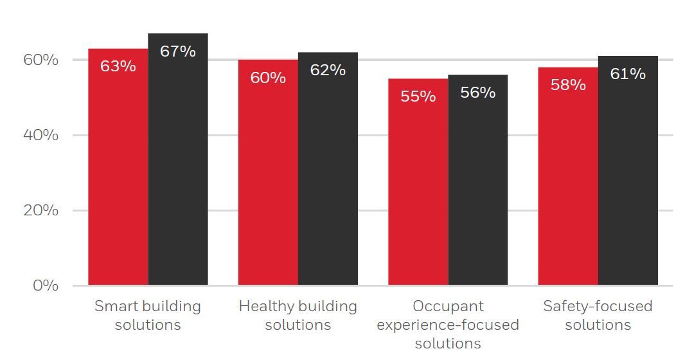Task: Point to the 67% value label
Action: point(178,51)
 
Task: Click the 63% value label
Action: point(118,66)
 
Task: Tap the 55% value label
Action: point(418,96)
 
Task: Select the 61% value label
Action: point(628,74)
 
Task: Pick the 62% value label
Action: point(328,70)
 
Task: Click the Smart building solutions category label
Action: point(148,315)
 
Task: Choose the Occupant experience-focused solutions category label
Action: point(448,325)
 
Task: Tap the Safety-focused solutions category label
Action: point(598,315)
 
